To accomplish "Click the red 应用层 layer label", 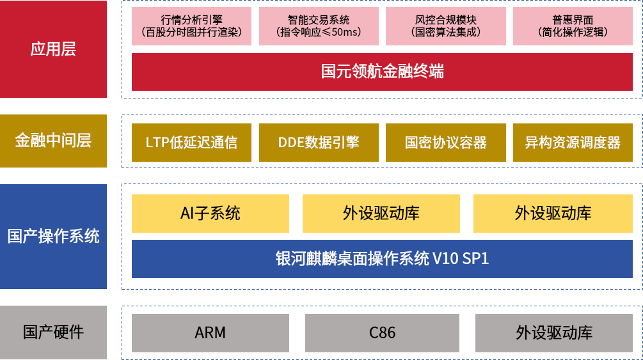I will pyautogui.click(x=53, y=49).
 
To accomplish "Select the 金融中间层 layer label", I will pyautogui.click(x=53, y=141).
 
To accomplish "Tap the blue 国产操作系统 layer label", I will pyautogui.click(x=53, y=236).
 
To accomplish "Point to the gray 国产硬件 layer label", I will pyautogui.click(x=53, y=333).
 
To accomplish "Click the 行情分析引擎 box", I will pyautogui.click(x=192, y=26).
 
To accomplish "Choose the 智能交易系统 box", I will pyautogui.click(x=319, y=26).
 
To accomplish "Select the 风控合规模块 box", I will pyautogui.click(x=446, y=26).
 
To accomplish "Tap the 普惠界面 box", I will pyautogui.click(x=573, y=26).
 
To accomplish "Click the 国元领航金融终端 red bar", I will pyautogui.click(x=382, y=71).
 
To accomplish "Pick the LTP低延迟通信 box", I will pyautogui.click(x=192, y=142).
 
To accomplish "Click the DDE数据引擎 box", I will pyautogui.click(x=319, y=142).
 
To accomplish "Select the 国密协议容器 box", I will pyautogui.click(x=446, y=142).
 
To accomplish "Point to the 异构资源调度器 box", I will pyautogui.click(x=573, y=142).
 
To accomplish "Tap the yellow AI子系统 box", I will pyautogui.click(x=210, y=213).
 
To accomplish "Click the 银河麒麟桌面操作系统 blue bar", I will pyautogui.click(x=382, y=258).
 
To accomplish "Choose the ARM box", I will pyautogui.click(x=210, y=333).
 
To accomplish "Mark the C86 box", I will pyautogui.click(x=382, y=333).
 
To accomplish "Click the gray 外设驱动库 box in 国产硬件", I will pyautogui.click(x=553, y=333).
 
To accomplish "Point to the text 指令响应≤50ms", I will pyautogui.click(x=319, y=32).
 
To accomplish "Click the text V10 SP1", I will pyautogui.click(x=461, y=258).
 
